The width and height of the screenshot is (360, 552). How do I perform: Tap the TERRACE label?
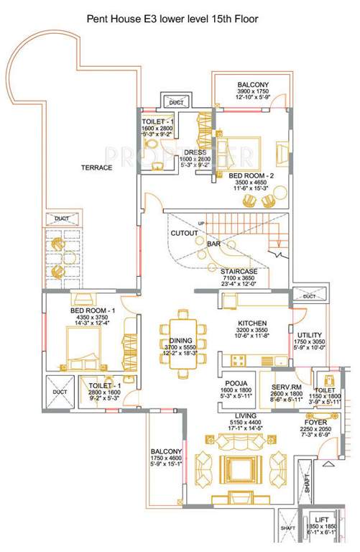(x=96, y=167)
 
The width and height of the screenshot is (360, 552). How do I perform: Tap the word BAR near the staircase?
(x=213, y=244)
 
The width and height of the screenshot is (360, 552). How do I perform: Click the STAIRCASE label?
(x=239, y=271)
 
